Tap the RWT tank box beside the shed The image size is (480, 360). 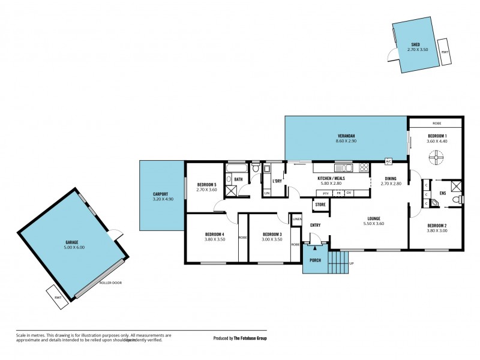tap(445, 52)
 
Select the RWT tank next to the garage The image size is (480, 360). tap(58, 297)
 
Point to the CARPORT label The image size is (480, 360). tap(160, 194)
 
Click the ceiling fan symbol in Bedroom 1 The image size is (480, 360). tap(437, 158)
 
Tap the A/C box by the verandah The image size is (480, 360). tap(389, 161)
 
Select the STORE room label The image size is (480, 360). tap(320, 205)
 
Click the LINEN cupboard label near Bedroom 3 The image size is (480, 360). tap(296, 219)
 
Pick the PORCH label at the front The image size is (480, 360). tap(314, 260)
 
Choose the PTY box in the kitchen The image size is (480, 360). tap(326, 193)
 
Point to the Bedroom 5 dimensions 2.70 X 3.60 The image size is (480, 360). tap(205, 190)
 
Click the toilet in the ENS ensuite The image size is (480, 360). tap(457, 199)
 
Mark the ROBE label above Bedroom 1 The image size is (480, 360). tap(436, 123)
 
